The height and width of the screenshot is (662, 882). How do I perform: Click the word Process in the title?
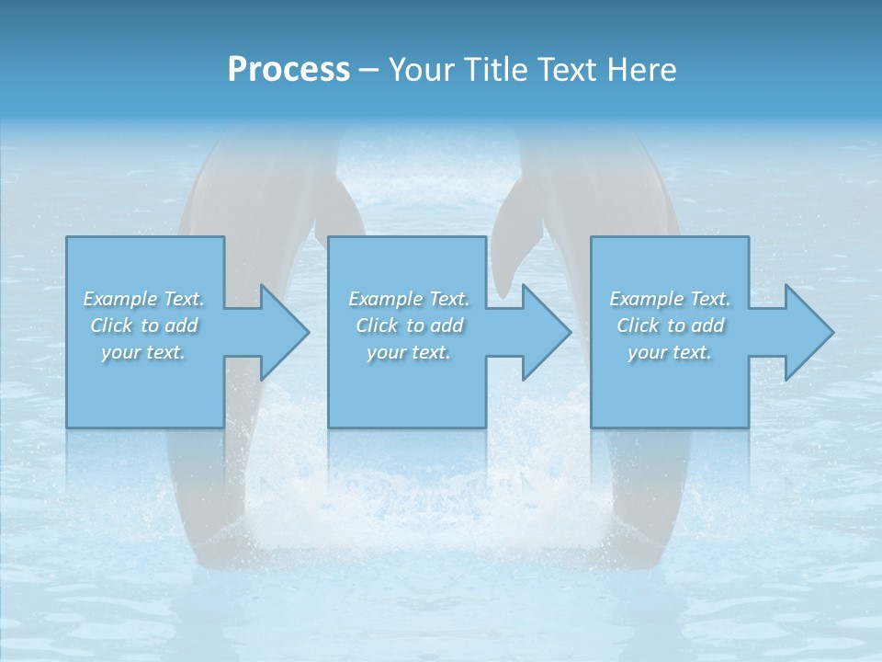point(288,70)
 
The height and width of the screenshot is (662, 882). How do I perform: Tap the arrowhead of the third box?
point(808,332)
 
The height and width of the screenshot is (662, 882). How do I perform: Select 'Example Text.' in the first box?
point(144,299)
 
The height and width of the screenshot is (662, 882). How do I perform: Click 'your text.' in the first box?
point(144,352)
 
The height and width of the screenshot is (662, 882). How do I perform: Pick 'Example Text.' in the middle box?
point(409,299)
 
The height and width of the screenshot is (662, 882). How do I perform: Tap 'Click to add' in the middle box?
point(409,325)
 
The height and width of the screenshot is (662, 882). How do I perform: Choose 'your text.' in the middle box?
point(409,352)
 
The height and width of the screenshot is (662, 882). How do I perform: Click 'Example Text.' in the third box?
point(670,299)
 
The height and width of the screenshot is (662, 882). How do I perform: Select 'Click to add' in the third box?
point(670,325)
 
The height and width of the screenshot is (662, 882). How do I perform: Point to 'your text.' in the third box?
point(670,352)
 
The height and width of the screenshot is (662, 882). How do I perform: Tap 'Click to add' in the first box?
point(144,325)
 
